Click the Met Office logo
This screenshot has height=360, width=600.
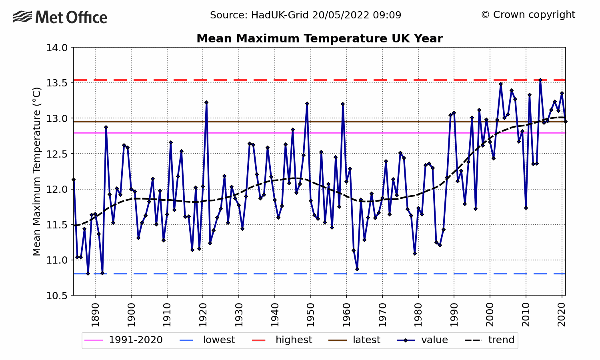[x=60, y=17]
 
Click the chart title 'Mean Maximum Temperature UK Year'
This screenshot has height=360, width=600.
[x=319, y=39]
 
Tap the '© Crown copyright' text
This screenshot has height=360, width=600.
[x=528, y=15]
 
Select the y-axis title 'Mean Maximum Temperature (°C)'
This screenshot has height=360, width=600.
[x=37, y=171]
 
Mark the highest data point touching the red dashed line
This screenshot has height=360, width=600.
[x=540, y=80]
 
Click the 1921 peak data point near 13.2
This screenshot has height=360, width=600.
[x=206, y=102]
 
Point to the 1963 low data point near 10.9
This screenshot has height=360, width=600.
[x=357, y=269]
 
